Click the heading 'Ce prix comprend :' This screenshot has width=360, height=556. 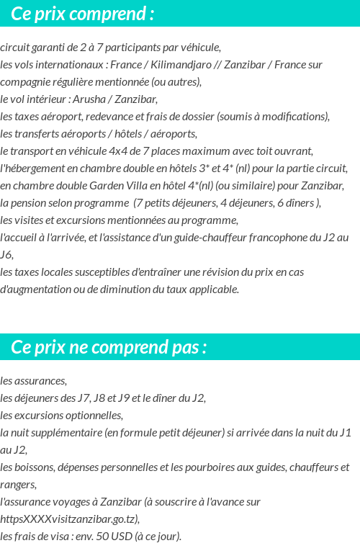coord(83,14)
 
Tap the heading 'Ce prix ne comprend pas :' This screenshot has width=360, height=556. coord(109,347)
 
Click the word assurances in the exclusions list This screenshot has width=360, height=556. coord(39,380)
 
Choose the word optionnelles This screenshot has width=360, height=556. coord(91,415)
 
